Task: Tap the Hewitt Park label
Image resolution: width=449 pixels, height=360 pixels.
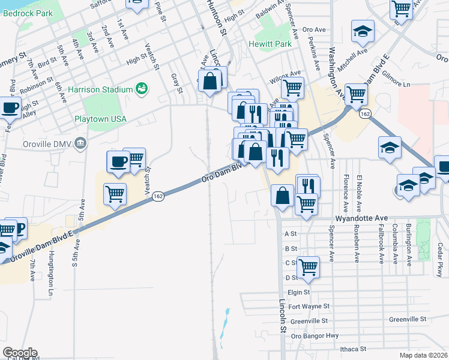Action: pos(268,44)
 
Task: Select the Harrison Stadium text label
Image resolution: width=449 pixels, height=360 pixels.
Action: pos(100,89)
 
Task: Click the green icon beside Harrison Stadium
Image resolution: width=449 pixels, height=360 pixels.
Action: pos(142,89)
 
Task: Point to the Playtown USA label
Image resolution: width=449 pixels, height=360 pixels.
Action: pos(100,119)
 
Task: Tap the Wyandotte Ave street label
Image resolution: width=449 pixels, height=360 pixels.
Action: pos(363,219)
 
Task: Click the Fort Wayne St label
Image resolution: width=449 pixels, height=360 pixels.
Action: pos(309,306)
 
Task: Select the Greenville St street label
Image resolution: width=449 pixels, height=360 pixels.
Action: pos(408,320)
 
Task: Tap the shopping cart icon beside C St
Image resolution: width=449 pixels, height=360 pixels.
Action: pos(308,266)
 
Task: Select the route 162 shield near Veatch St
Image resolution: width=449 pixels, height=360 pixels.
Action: pos(158,196)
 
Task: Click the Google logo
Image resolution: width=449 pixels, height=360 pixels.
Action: pos(20,353)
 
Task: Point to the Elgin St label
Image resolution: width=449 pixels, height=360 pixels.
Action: pos(298,292)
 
